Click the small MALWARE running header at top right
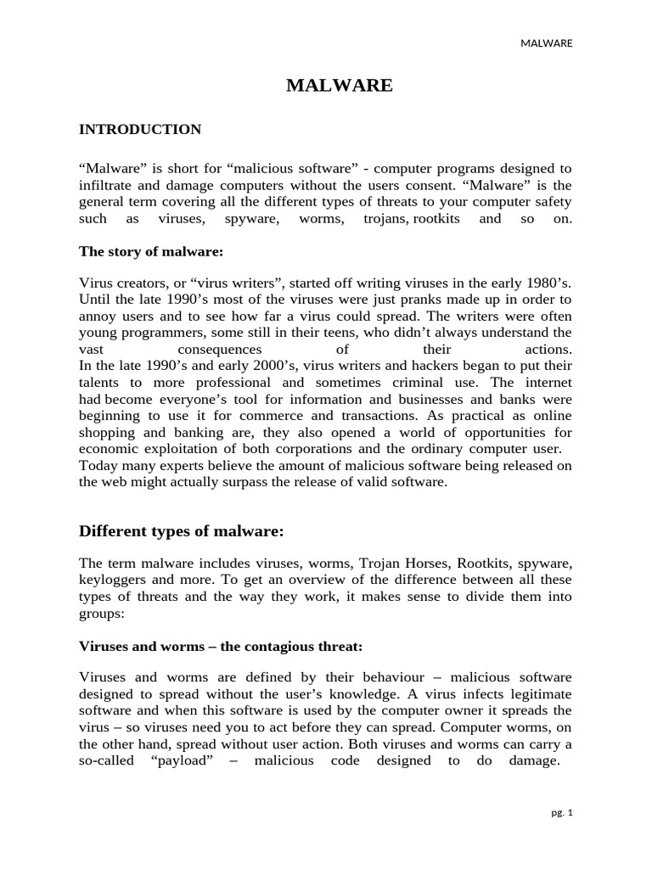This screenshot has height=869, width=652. click(546, 43)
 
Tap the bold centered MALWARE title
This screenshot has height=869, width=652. click(339, 85)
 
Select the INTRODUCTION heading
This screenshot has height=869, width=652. click(140, 130)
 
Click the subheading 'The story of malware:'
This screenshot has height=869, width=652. click(150, 251)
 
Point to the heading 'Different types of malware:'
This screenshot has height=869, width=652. click(181, 531)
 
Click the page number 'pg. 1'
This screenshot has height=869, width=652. click(562, 813)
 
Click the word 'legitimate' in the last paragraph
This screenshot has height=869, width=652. click(538, 694)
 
